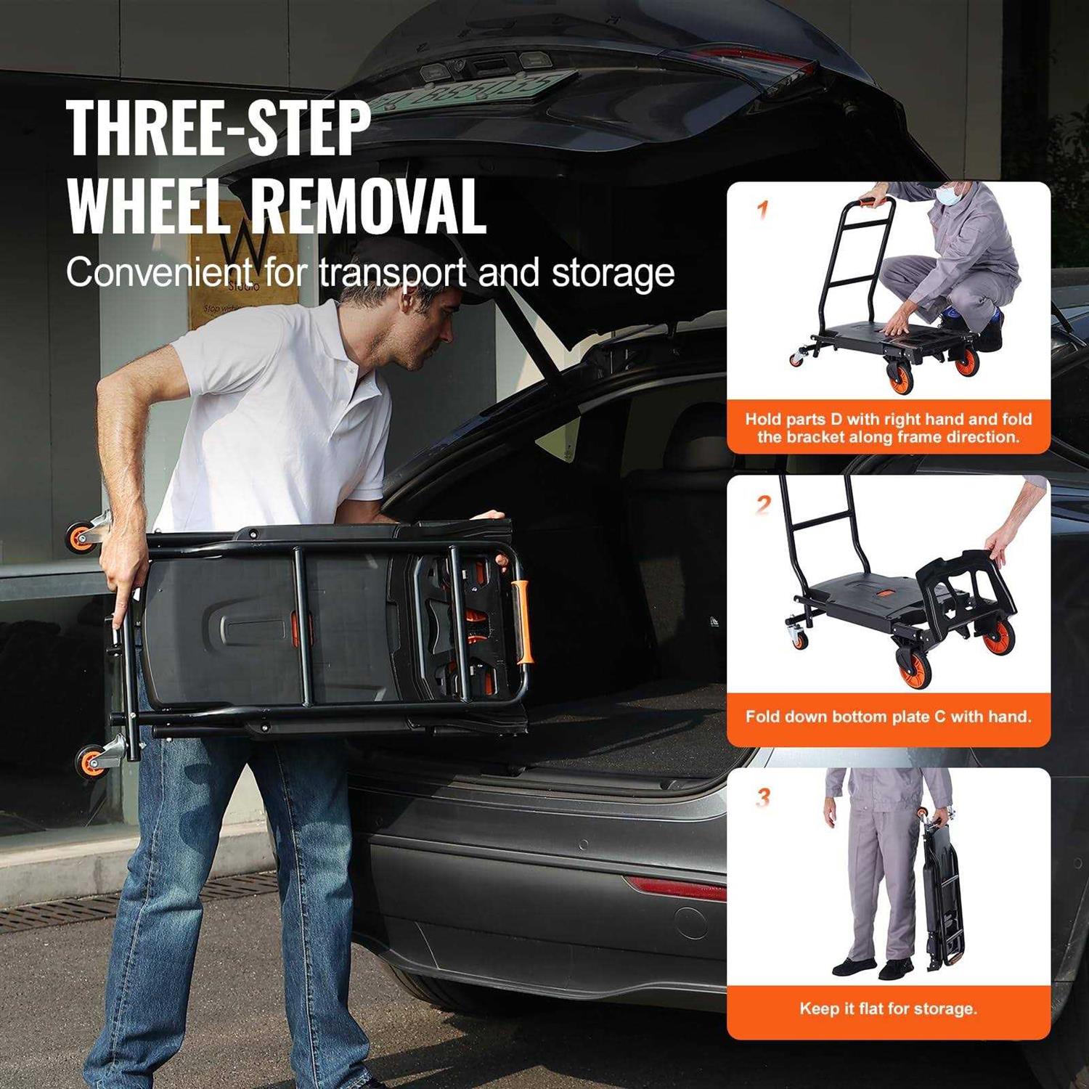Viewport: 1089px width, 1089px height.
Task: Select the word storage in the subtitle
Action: (x=613, y=273)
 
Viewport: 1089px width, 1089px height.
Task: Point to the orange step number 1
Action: (x=762, y=211)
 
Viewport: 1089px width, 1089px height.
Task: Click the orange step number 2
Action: (x=762, y=505)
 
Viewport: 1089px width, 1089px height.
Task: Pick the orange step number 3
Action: (x=762, y=798)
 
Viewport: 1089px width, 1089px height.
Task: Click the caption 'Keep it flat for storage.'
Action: (x=888, y=1008)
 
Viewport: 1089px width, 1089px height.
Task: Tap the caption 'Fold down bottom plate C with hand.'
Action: (x=888, y=717)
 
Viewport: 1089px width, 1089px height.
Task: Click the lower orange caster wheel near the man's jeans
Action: (x=91, y=760)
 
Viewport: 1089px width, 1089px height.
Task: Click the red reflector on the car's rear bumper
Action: (x=675, y=887)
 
